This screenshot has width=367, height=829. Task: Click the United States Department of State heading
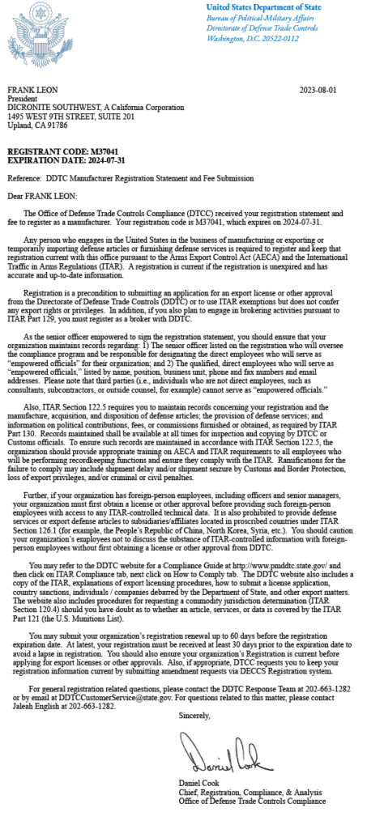pos(265,9)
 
